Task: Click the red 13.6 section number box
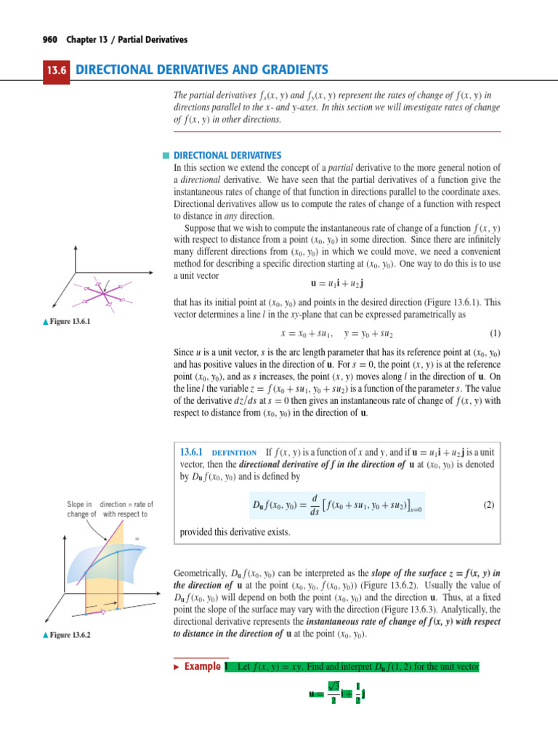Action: pos(56,70)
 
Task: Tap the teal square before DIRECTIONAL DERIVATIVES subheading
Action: pos(166,155)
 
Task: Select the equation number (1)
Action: pos(496,333)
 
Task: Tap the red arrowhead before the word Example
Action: pos(175,666)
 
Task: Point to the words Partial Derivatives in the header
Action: pos(152,39)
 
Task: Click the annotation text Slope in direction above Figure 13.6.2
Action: pos(109,504)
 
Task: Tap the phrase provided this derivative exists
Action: pos(234,532)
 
